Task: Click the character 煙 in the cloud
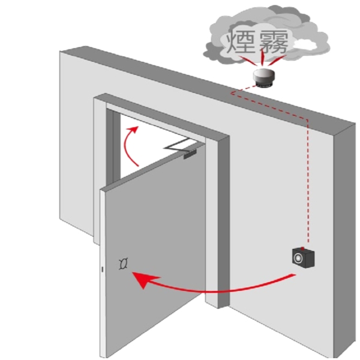click(239, 42)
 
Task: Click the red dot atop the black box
click(307, 247)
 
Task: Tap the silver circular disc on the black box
click(298, 257)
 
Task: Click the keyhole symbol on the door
click(124, 262)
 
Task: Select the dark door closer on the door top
click(189, 154)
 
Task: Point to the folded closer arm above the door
click(178, 144)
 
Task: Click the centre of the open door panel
click(156, 252)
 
